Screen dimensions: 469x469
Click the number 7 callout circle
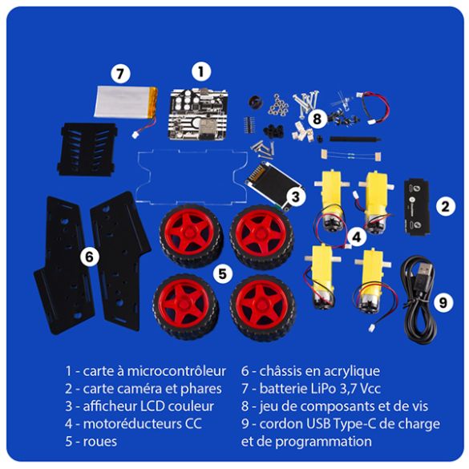point(120,74)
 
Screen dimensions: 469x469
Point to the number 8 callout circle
point(318,119)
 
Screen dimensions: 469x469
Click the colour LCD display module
point(268,184)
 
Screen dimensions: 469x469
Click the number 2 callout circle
point(443,205)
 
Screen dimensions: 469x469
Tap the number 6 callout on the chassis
point(90,257)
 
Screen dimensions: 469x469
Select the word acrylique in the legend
point(349,370)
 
